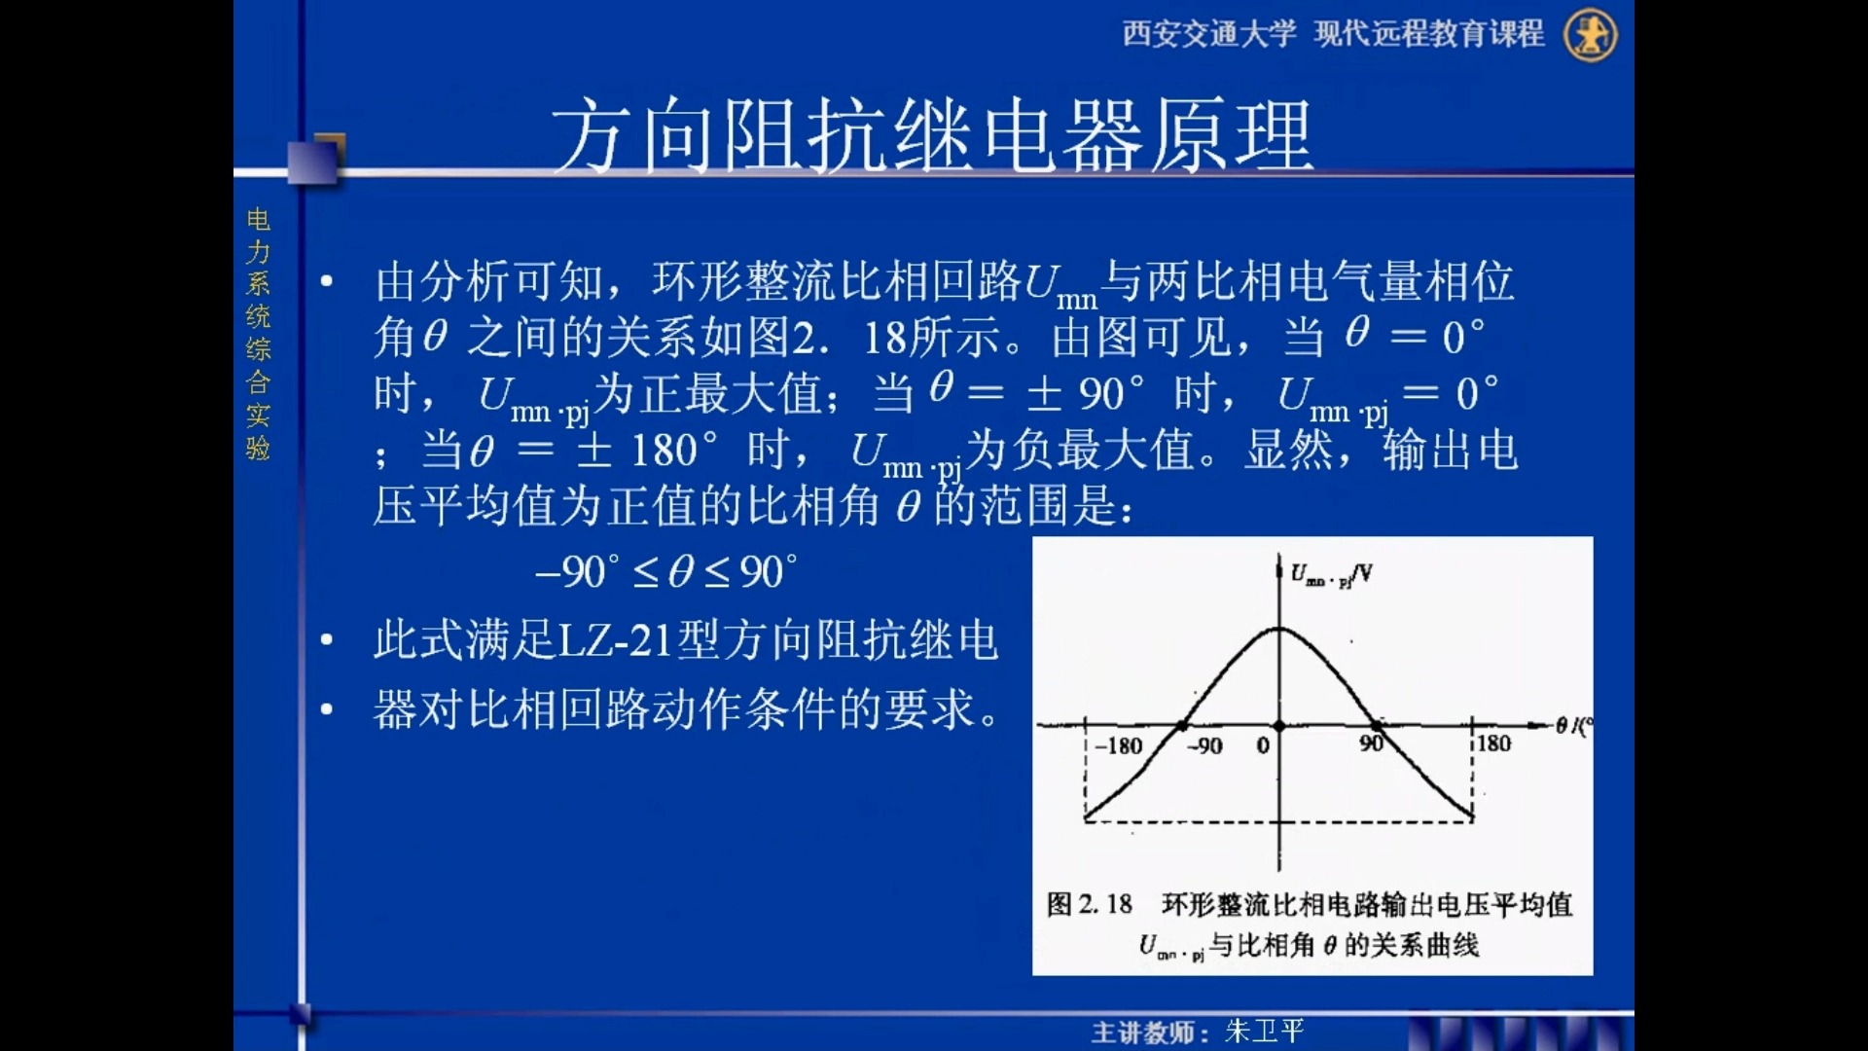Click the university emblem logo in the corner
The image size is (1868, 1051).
[x=1590, y=35]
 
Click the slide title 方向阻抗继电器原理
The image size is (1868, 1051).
[x=932, y=136]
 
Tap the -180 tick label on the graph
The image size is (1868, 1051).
[x=1118, y=746]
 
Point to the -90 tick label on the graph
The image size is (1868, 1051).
[x=1204, y=746]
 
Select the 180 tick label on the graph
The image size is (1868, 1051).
[x=1493, y=744]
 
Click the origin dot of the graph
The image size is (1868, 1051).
[x=1279, y=726]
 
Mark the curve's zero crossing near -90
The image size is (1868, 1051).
[x=1182, y=726]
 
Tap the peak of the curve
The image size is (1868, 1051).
[x=1279, y=629]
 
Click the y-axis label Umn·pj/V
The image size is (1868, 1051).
[x=1331, y=574]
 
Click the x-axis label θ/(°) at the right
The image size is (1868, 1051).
[x=1573, y=725]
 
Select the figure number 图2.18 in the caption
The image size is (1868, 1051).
[x=1089, y=904]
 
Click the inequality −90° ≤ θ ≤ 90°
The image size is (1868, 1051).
[x=666, y=572]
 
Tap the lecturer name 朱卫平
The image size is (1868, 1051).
[x=1264, y=1031]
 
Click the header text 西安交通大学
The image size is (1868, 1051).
[x=1208, y=34]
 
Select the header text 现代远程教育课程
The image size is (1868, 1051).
[x=1428, y=34]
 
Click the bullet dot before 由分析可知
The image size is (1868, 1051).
[x=327, y=282]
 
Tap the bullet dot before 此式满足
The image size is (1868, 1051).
[x=327, y=640]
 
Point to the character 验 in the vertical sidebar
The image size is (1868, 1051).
[x=258, y=448]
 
